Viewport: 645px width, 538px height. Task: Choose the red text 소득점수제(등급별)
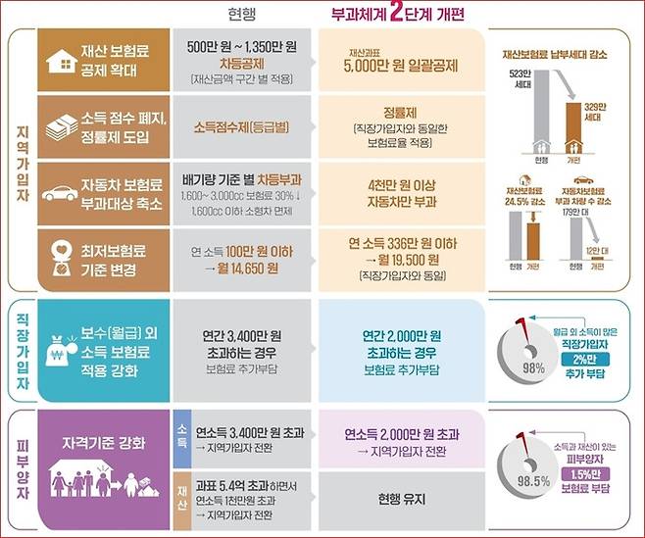[242, 126]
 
